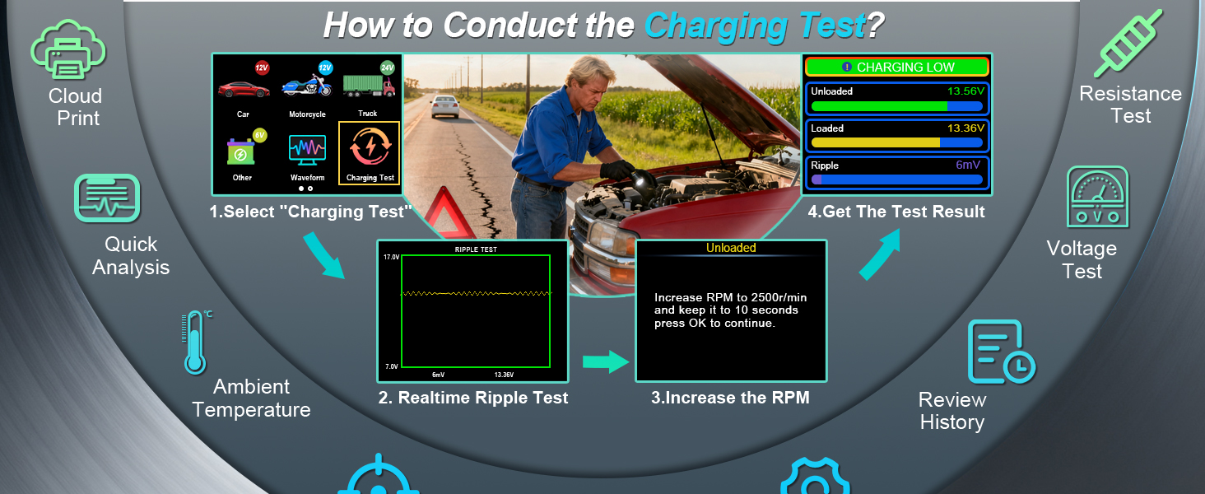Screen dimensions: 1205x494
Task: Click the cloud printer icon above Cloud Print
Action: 67,49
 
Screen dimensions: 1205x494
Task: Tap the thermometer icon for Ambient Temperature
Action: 195,343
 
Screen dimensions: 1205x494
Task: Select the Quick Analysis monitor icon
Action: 107,198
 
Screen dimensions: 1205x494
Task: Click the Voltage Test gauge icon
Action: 1097,197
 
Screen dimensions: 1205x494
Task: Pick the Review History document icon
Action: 1002,352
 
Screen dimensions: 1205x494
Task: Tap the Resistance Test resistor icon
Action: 1128,43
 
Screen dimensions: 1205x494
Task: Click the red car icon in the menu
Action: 243,89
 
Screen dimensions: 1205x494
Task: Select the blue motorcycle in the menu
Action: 307,85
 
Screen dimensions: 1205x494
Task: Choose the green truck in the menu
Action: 369,86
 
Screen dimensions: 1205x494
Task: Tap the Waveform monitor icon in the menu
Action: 307,150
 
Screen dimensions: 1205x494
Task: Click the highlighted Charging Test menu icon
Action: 370,147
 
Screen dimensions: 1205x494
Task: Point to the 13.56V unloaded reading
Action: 965,91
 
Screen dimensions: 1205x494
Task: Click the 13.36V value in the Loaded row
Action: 965,128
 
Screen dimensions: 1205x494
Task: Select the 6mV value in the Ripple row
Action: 968,165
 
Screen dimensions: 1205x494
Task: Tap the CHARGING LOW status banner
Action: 897,67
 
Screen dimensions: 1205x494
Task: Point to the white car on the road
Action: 445,106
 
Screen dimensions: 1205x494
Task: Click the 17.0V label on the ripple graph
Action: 391,257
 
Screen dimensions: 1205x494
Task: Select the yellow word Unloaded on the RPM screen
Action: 731,248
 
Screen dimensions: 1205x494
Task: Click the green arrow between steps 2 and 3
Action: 606,361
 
